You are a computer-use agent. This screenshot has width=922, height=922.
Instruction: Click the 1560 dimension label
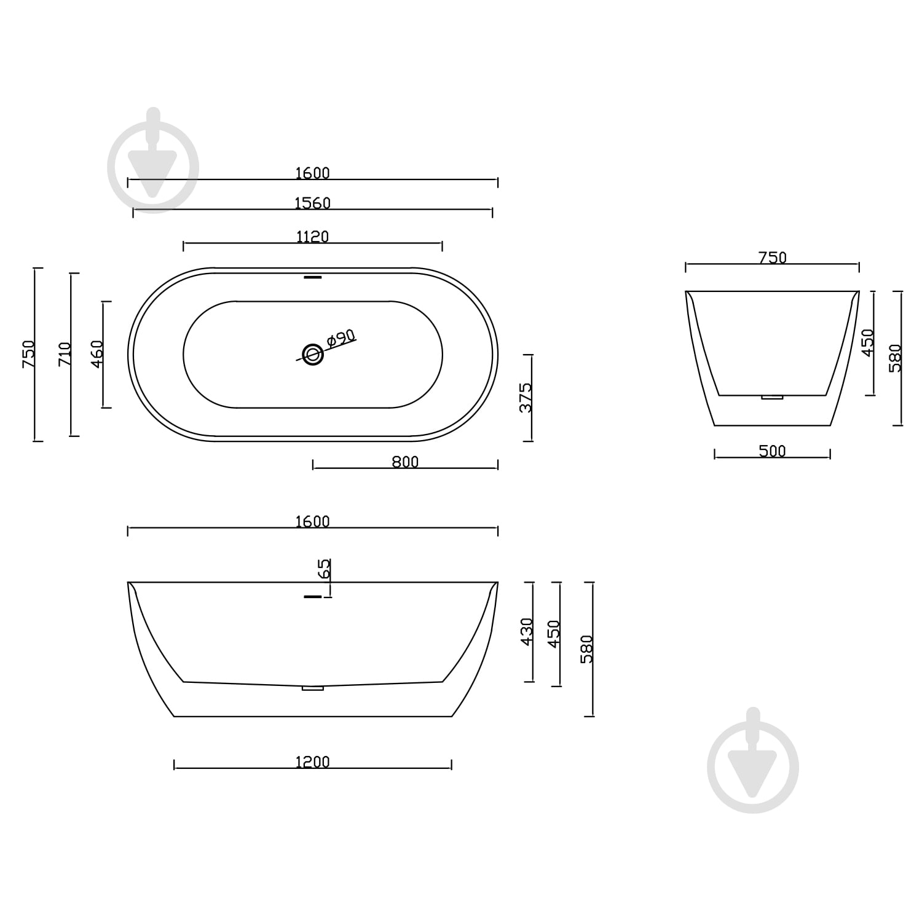(312, 203)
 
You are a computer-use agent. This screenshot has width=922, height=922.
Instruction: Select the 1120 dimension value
(312, 237)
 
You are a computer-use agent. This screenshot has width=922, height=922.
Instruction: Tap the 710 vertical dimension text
(65, 355)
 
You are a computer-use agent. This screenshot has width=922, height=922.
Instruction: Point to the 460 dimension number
(97, 355)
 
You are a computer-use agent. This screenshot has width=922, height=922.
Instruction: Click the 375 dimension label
(526, 398)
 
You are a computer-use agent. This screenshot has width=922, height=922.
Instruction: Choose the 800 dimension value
(405, 462)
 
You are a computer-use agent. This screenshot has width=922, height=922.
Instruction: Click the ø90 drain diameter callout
(341, 339)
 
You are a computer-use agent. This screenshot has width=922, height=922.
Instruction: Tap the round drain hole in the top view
(313, 354)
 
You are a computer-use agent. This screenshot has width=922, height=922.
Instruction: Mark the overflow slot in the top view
(313, 277)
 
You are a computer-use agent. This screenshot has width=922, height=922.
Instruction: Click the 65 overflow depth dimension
(325, 569)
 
